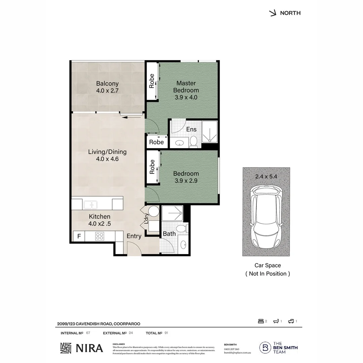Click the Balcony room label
point(107,83)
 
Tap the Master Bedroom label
point(186,86)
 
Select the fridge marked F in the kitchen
point(79,236)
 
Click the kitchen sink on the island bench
point(90,204)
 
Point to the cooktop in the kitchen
point(99,236)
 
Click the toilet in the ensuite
point(194,141)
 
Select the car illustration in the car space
point(266,217)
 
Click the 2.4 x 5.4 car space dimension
point(266,176)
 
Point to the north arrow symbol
point(273,13)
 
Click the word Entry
point(134,236)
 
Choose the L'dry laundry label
point(146,219)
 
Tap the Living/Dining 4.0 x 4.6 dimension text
point(107,159)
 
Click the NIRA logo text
point(89,348)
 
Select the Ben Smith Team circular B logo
point(265,348)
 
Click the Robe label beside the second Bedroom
point(152,167)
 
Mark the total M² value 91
point(166,333)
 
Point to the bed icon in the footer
point(261,321)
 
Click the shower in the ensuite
point(209,134)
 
